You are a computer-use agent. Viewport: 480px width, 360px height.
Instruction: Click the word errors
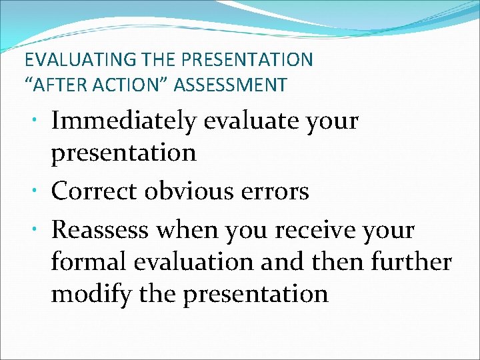coord(275,191)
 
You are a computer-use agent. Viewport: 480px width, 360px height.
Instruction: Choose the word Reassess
coord(101,231)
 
